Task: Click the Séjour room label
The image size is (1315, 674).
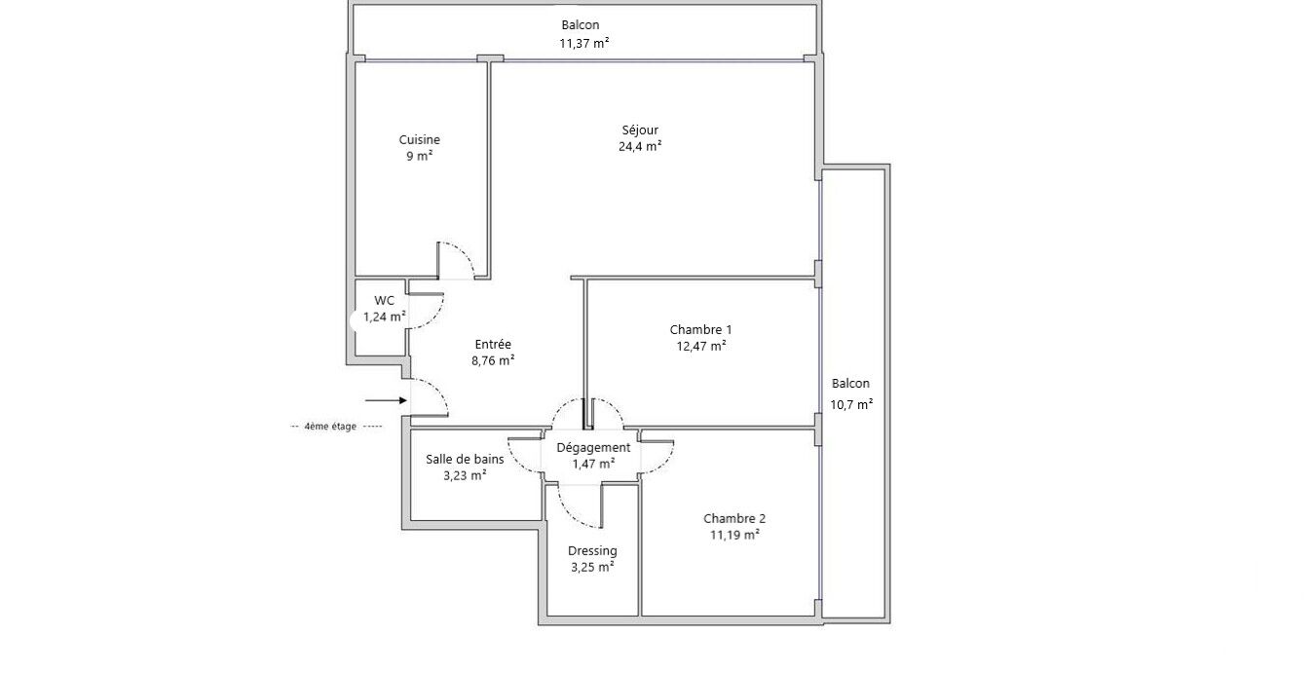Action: point(640,130)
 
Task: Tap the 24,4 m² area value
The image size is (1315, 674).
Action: point(640,146)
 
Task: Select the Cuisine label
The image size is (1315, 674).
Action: point(419,139)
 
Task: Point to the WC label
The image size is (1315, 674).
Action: point(385,301)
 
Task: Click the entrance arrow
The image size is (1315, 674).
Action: point(387,400)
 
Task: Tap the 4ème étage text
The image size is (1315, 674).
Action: point(330,427)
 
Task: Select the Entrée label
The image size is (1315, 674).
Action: point(493,344)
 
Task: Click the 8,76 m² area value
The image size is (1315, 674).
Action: point(493,360)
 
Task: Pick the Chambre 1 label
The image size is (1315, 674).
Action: point(701,329)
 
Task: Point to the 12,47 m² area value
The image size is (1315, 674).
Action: point(701,346)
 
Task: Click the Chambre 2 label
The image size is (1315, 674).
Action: point(734,518)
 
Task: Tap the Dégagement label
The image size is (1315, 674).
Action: point(593,447)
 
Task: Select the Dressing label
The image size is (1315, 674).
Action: point(592,550)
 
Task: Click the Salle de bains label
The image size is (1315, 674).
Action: point(465,459)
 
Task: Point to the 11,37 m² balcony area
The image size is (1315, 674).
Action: point(584,43)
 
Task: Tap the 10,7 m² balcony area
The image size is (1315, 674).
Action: point(851,404)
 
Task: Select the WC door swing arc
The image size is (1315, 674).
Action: point(433,316)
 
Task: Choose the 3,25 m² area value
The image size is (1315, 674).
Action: point(592,567)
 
